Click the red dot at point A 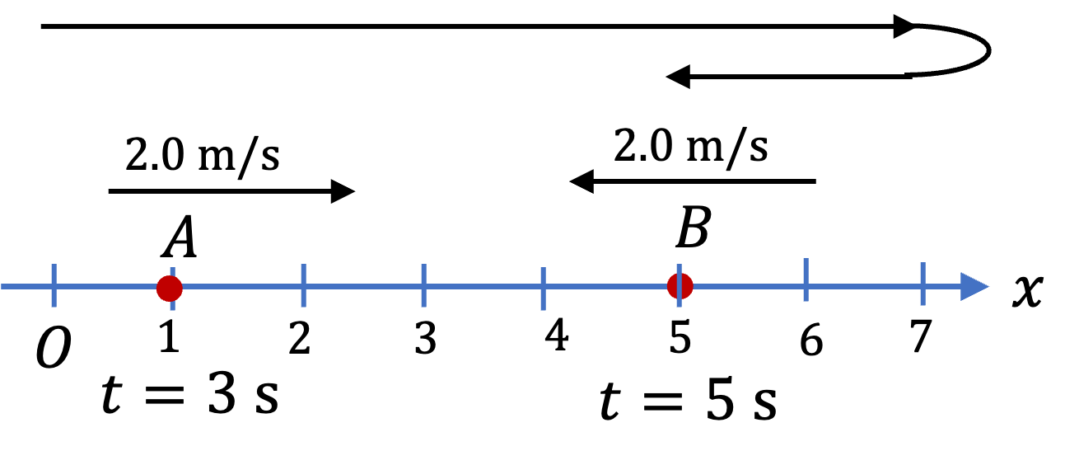[x=169, y=288]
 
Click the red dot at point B [x=680, y=286]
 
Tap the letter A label [x=180, y=237]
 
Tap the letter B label [x=694, y=228]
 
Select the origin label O [x=54, y=347]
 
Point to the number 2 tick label [x=300, y=338]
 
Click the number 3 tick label [x=425, y=338]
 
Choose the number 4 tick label [x=557, y=335]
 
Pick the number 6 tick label [x=811, y=340]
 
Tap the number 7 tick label [x=921, y=336]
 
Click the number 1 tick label [x=170, y=336]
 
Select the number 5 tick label [x=680, y=336]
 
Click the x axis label [x=1028, y=290]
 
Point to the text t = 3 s [x=190, y=395]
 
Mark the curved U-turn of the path [x=989, y=50]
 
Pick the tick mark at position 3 [x=424, y=285]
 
